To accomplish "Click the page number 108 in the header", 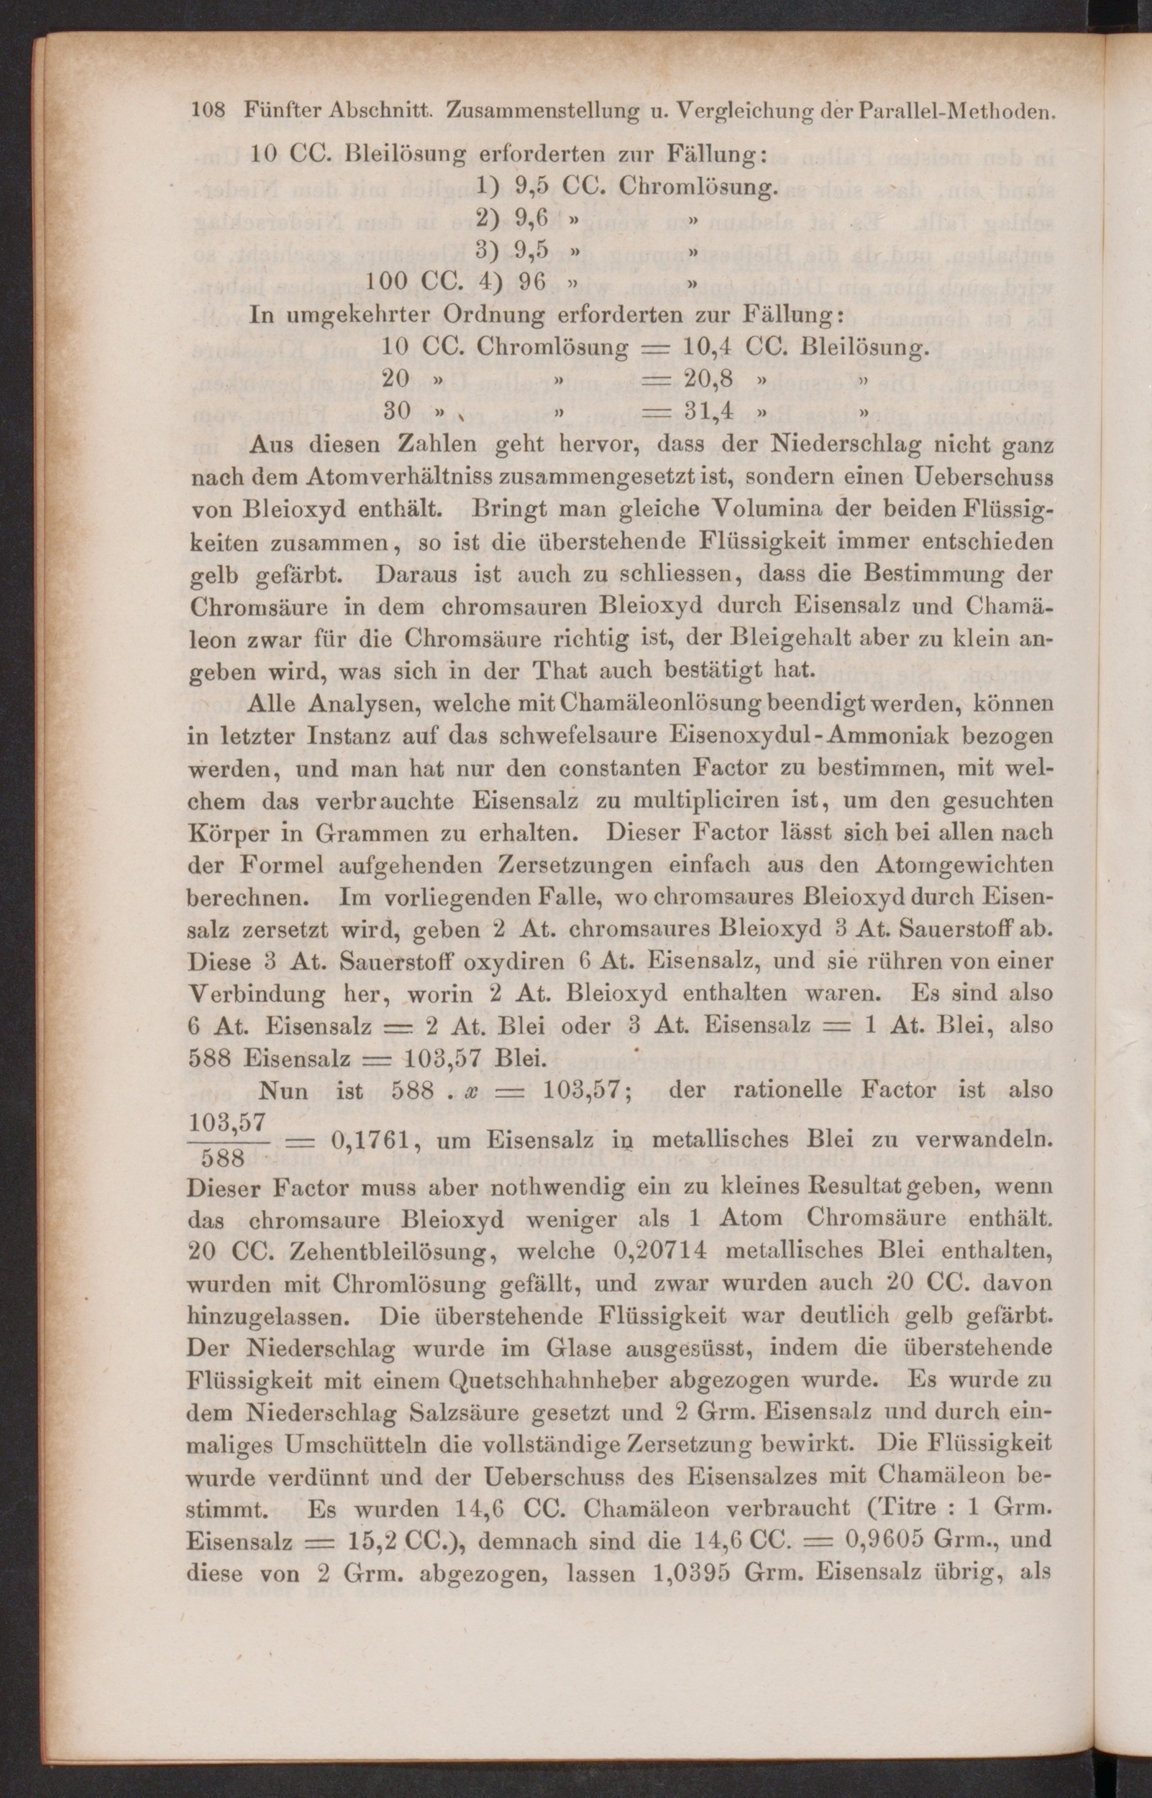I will click(x=209, y=111).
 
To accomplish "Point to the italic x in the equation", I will click(x=471, y=1091).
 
